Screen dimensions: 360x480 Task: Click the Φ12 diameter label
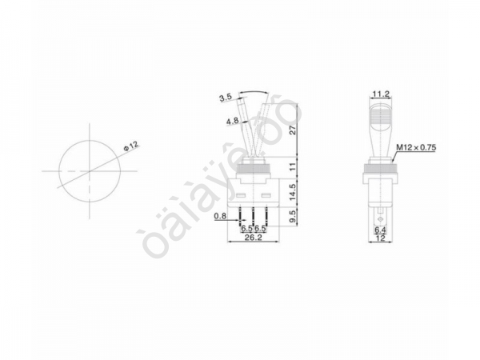tap(131, 146)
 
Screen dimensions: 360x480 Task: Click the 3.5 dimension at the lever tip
tap(225, 98)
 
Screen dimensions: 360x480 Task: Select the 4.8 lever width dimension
tap(232, 122)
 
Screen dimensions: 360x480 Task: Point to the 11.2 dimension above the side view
tap(380, 94)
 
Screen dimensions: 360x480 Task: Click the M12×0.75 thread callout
tap(416, 147)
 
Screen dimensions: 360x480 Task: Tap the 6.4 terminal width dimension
tap(380, 230)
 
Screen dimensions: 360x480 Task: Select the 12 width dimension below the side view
tap(380, 238)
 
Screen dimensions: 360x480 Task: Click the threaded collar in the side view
tap(380, 168)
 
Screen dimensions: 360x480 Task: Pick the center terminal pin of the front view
tap(254, 214)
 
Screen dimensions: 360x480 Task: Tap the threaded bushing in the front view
tap(254, 167)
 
